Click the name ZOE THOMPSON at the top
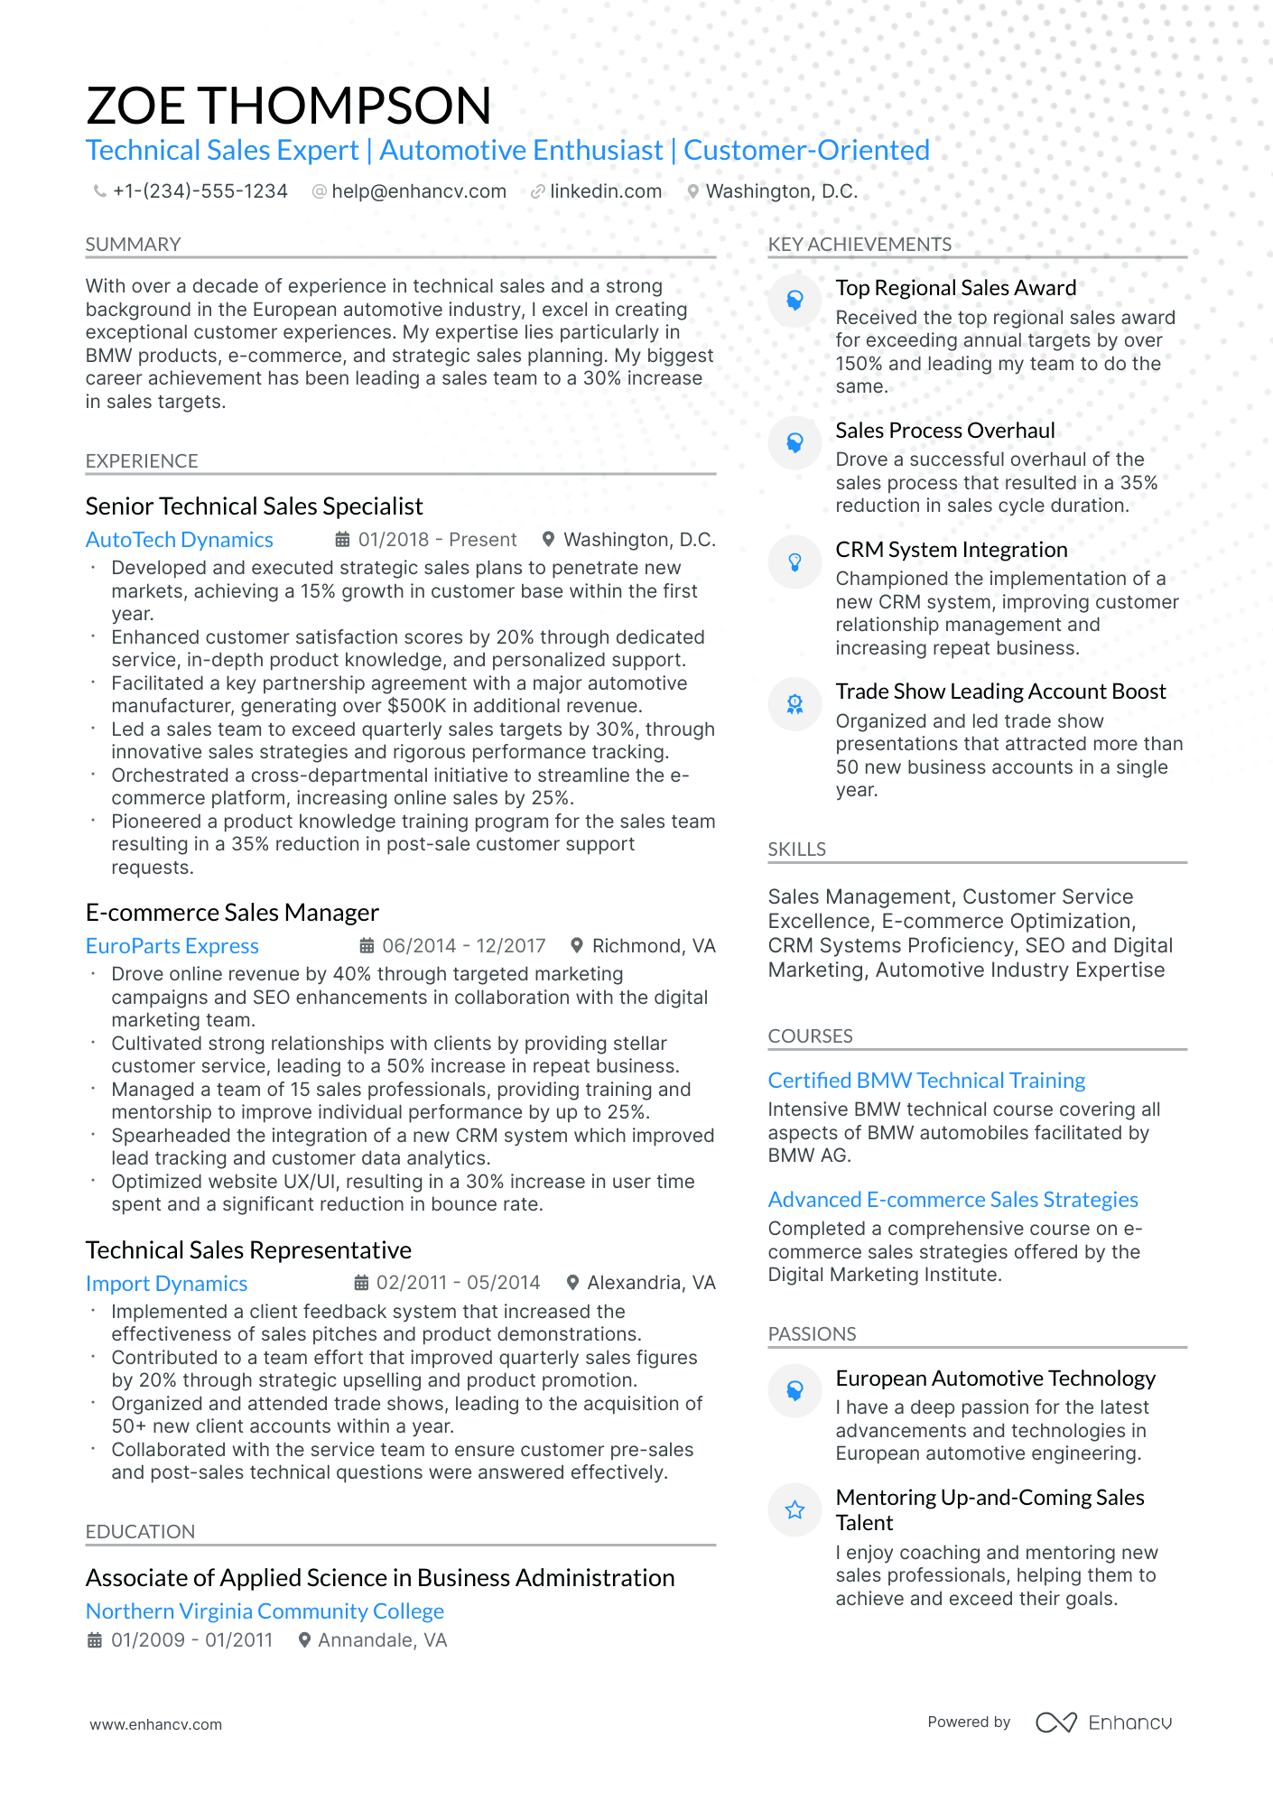pos(289,106)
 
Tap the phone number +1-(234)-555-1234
pos(200,191)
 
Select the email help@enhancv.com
pos(418,191)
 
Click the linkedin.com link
pos(605,191)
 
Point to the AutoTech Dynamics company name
pos(179,540)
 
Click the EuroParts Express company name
pos(172,946)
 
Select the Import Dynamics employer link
pos(166,1284)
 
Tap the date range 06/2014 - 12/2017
pos(463,946)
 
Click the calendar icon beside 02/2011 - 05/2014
pos(361,1283)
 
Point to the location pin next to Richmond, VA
pos(577,945)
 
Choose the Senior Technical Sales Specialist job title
pos(254,506)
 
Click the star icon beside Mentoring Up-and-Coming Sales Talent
pos(794,1509)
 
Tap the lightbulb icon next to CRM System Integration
pos(794,562)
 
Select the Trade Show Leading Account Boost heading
pos(1000,692)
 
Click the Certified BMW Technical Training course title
pos(926,1081)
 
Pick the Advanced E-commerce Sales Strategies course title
pos(952,1200)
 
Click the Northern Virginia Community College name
pos(265,1611)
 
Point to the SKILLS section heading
pos(796,849)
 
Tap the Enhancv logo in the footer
pos(1103,1722)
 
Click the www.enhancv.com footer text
pos(155,1724)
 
